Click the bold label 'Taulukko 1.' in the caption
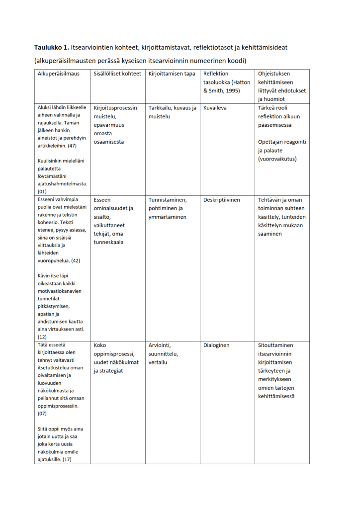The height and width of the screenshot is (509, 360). [52, 48]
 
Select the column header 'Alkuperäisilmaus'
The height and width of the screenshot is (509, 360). [58, 74]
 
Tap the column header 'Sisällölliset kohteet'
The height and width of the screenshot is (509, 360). [117, 74]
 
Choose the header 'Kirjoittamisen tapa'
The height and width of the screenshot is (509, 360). [172, 74]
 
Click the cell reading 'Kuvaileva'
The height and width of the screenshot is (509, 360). [215, 107]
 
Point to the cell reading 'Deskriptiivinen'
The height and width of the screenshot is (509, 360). [222, 200]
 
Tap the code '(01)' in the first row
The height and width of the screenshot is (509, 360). [42, 191]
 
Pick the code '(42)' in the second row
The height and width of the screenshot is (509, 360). [76, 260]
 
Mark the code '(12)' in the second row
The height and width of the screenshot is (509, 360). [42, 337]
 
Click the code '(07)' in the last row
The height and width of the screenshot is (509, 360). [42, 414]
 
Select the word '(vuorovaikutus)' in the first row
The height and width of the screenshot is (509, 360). [277, 159]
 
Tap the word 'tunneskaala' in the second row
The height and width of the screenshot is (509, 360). [109, 242]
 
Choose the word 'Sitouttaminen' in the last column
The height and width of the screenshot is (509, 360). [275, 345]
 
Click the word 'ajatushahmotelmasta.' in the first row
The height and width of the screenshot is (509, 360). [62, 183]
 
